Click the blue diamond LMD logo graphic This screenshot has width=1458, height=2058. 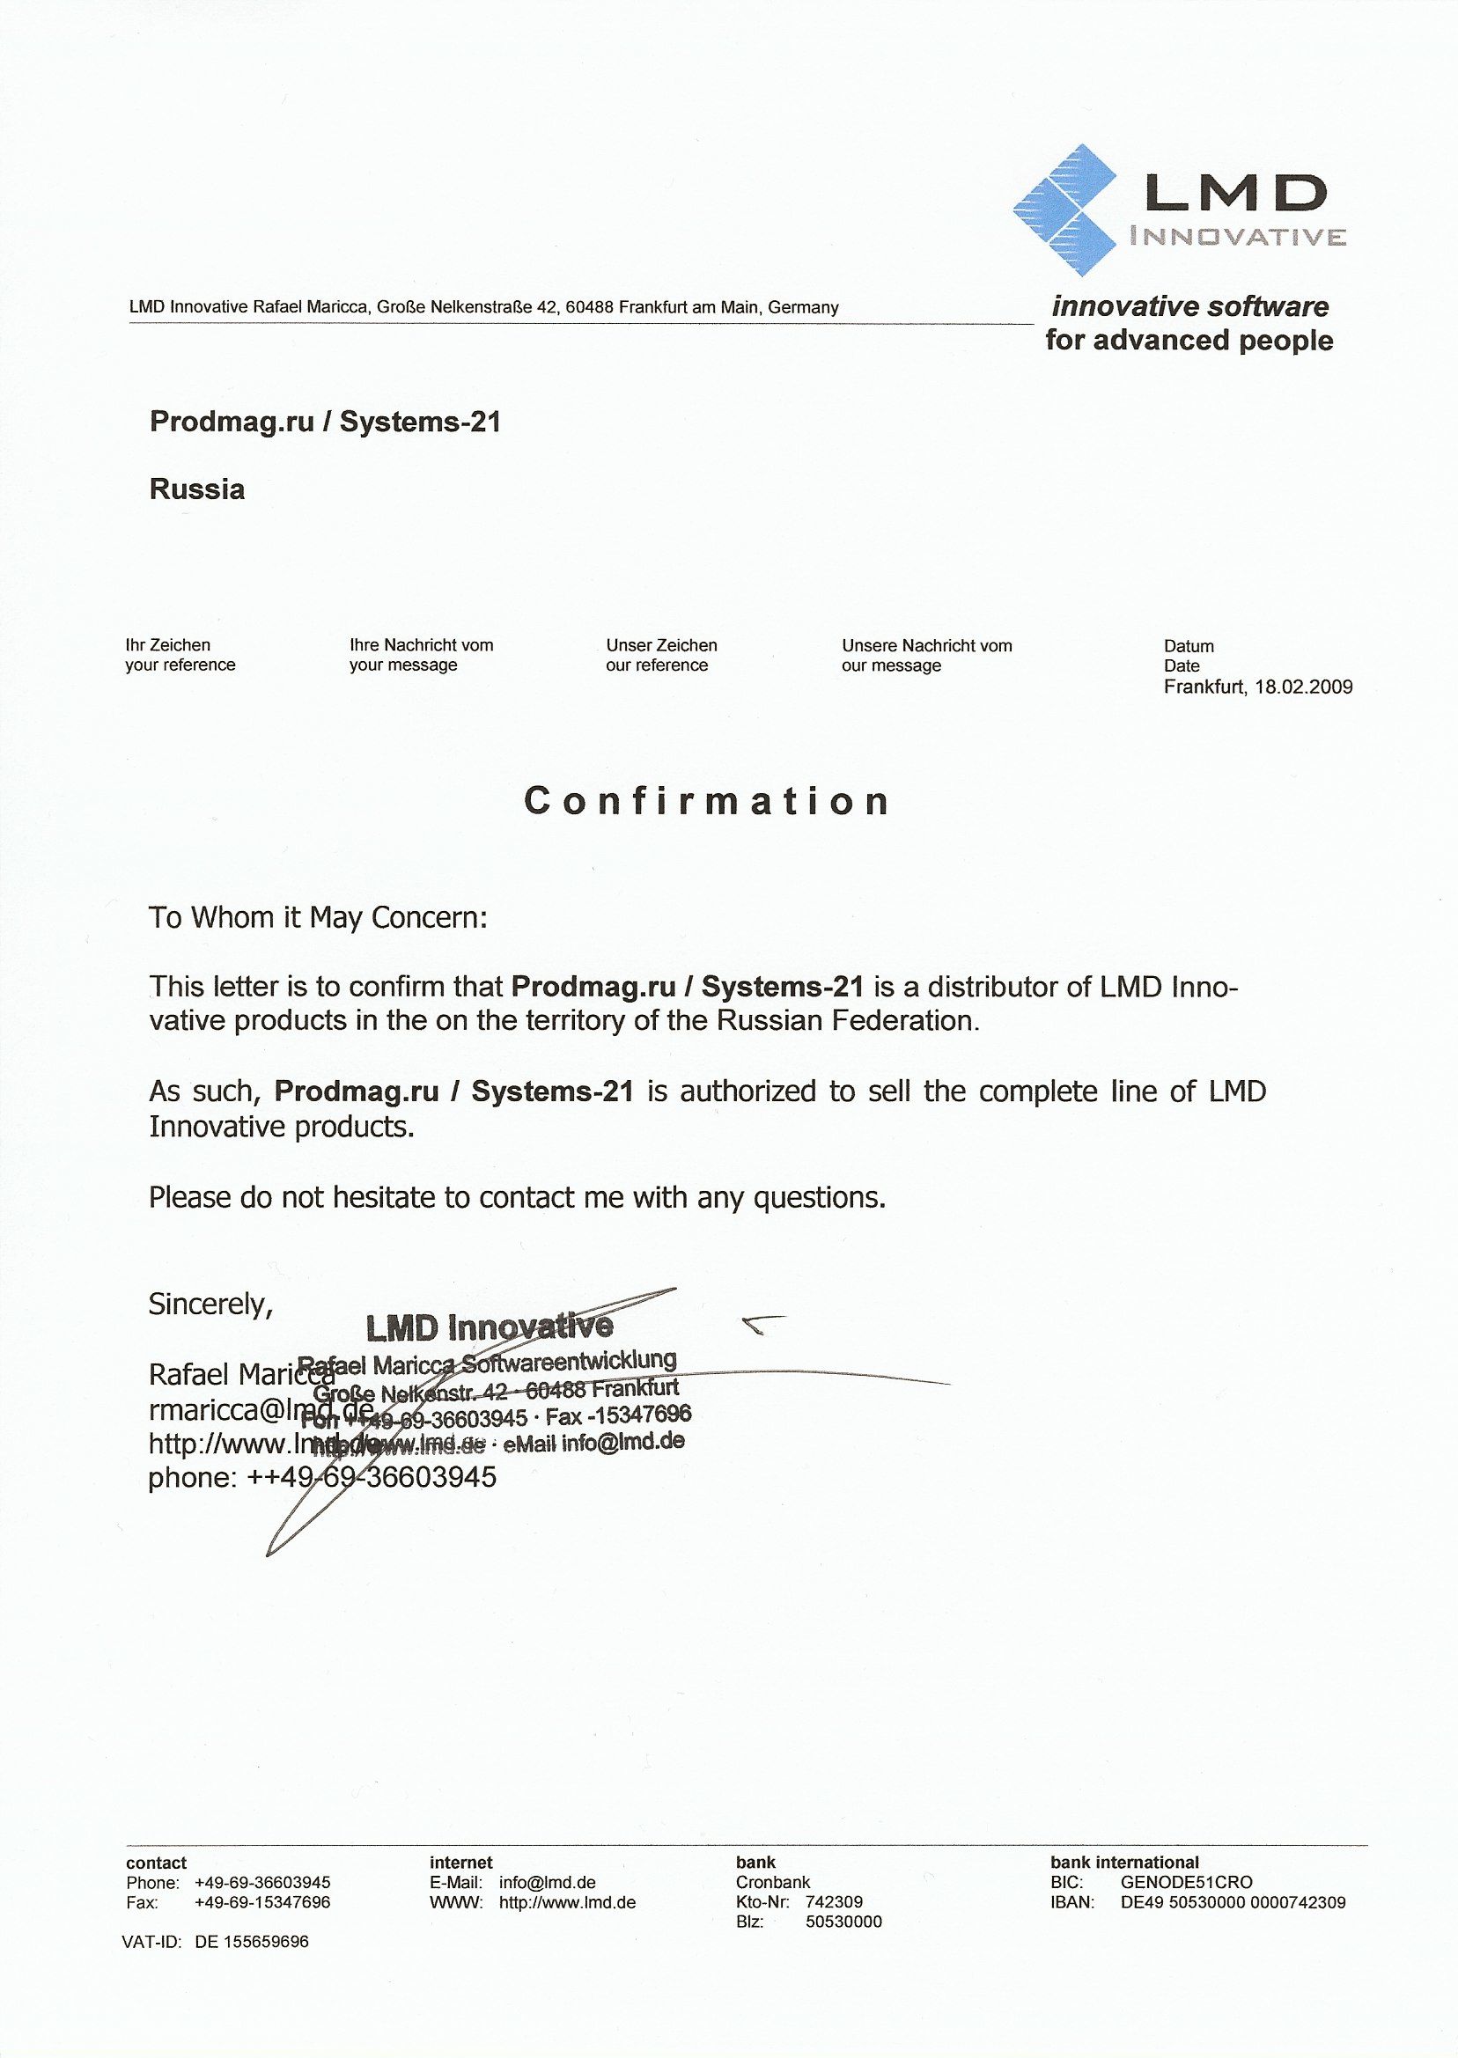1064,209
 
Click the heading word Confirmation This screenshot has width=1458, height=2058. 707,801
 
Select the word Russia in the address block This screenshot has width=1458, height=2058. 196,489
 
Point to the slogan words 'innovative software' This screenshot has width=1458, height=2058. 1189,307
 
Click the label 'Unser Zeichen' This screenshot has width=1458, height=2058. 661,645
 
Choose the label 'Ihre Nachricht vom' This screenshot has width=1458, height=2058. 421,645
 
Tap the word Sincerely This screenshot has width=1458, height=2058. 210,1303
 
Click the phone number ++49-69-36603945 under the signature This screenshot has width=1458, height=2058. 367,1477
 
